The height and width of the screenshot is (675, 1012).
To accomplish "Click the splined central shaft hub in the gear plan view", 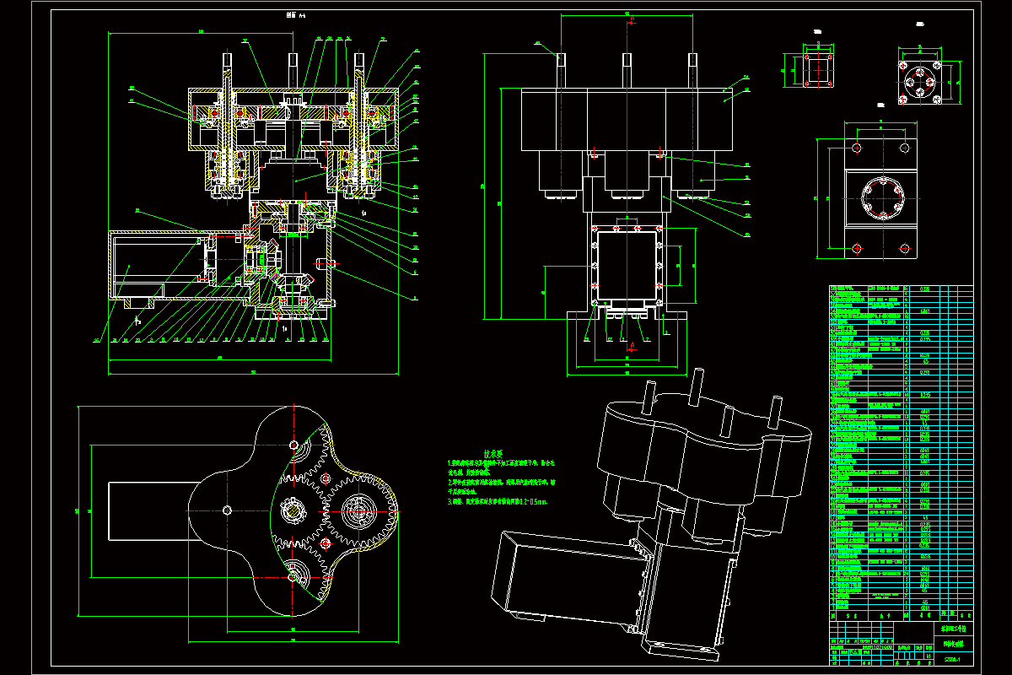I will tap(293, 509).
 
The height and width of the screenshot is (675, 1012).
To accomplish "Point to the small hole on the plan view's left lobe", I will tap(228, 509).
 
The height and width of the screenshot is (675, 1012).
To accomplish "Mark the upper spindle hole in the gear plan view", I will tap(293, 445).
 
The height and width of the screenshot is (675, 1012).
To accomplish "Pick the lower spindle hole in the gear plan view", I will tap(293, 576).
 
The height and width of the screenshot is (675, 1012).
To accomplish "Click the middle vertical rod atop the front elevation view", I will tap(627, 69).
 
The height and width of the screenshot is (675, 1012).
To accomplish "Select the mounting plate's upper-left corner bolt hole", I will tap(857, 148).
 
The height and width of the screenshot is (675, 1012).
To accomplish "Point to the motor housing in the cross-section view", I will tap(156, 264).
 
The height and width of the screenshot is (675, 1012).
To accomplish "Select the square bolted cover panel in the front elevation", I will tap(626, 264).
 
